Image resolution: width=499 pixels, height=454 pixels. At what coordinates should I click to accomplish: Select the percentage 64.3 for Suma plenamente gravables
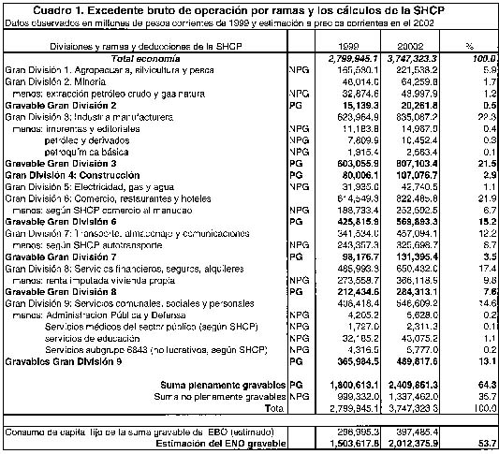click(477, 384)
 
